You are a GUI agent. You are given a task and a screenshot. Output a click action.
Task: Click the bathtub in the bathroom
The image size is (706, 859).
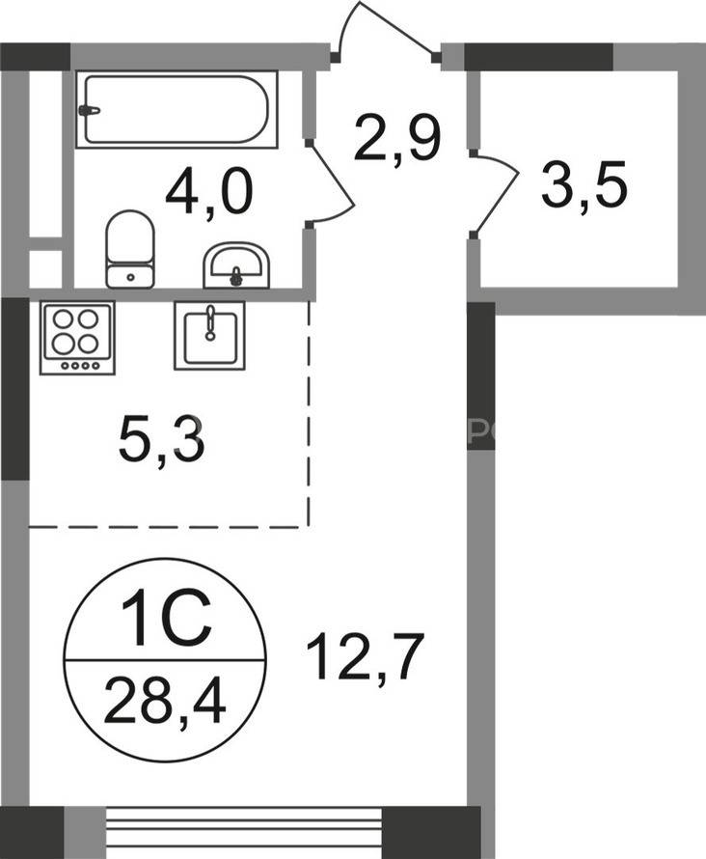(x=176, y=109)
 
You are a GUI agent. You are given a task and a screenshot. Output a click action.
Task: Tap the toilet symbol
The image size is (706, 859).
(x=130, y=249)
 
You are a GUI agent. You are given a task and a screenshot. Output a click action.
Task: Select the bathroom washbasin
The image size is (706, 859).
(x=236, y=265)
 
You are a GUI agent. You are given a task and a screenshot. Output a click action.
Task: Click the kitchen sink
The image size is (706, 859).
(x=209, y=335)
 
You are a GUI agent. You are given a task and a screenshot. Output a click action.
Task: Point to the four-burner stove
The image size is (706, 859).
(x=77, y=338)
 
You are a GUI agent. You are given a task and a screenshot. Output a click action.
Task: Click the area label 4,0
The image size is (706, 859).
(x=209, y=191)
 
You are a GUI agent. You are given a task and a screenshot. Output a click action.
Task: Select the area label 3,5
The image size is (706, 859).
(x=584, y=184)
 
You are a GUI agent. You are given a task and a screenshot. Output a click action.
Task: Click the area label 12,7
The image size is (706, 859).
(x=366, y=655)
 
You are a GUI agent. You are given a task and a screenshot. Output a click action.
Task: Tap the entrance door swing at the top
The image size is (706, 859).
(x=385, y=30)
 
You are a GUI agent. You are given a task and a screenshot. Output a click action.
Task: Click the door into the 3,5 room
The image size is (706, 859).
(x=496, y=193)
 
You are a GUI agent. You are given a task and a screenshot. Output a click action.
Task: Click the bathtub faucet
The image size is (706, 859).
(x=89, y=110)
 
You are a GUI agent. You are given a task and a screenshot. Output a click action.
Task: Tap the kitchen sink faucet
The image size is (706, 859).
(x=209, y=323)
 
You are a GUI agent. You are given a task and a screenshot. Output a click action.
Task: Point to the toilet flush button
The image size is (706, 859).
(x=130, y=277)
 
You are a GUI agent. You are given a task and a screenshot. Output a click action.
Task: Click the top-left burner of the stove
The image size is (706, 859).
(x=63, y=319)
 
